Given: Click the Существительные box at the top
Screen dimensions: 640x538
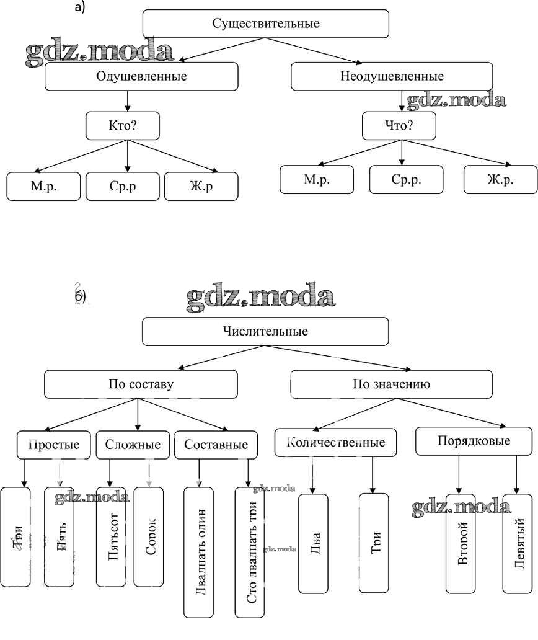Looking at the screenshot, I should (x=265, y=24).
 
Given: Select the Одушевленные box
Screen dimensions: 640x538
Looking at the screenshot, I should (x=141, y=77).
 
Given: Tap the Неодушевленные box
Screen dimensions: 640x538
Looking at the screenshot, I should (x=392, y=77).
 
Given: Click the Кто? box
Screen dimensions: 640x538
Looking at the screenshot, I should (x=122, y=126).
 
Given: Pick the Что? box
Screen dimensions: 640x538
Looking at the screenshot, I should (x=399, y=126).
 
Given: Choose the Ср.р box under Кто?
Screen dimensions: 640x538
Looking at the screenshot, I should (x=122, y=186).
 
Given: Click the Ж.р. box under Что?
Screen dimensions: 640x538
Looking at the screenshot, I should (x=500, y=180).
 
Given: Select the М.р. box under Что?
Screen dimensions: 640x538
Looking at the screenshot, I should (x=317, y=180).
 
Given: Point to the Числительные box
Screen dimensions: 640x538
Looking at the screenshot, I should (x=265, y=331).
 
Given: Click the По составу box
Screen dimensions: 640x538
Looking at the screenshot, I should (x=141, y=384).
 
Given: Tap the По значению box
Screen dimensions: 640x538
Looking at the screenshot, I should (x=392, y=384).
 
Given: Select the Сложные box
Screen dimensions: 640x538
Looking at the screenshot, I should (x=133, y=445).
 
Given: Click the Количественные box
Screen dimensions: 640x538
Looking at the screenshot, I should (x=335, y=443).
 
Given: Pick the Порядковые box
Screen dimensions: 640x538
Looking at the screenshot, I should (x=474, y=442).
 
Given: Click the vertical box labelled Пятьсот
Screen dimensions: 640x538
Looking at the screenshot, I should (x=112, y=536).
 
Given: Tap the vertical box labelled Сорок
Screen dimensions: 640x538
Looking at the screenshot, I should (x=149, y=536).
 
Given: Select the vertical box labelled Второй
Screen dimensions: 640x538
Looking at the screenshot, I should (x=461, y=543).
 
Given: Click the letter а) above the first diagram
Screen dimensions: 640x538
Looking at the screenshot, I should (x=79, y=7).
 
